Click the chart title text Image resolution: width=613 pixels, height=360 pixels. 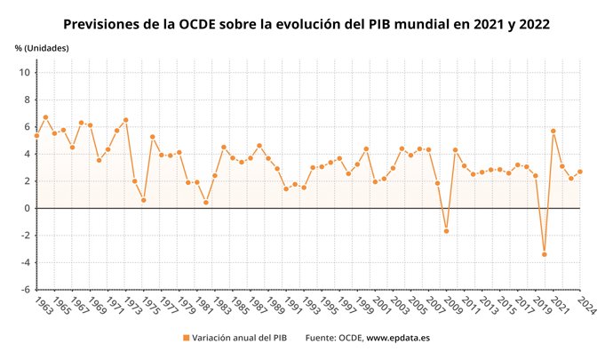click(306, 24)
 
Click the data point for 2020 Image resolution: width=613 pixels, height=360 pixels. click(544, 254)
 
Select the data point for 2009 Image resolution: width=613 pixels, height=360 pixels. click(446, 231)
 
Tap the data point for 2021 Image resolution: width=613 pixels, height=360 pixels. click(553, 131)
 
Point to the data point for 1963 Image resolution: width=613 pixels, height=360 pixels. click(36, 135)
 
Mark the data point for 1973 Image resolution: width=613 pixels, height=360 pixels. click(125, 120)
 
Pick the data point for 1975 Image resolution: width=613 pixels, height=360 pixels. click(143, 200)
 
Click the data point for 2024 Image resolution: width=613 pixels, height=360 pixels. click(579, 172)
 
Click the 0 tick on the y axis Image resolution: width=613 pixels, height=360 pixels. click(27, 208)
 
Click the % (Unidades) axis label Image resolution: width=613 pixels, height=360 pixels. click(42, 47)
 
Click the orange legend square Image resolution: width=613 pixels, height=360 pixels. click(187, 339)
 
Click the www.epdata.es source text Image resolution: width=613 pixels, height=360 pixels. click(400, 339)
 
